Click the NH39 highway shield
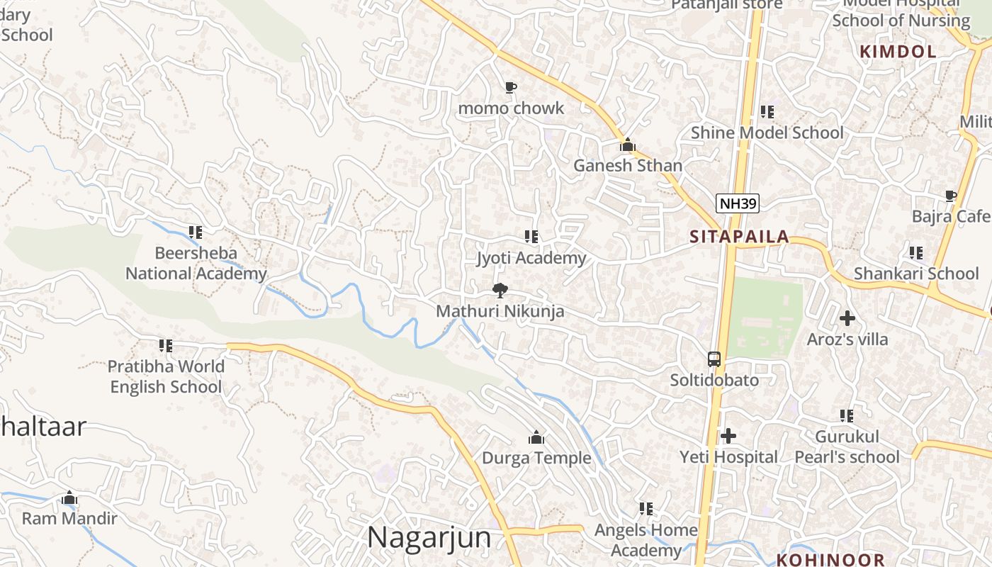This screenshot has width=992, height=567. pyautogui.click(x=737, y=204)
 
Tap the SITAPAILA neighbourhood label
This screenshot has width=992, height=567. pyautogui.click(x=739, y=237)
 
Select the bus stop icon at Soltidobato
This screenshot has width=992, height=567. pyautogui.click(x=714, y=359)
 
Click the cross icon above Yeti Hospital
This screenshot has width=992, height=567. pyautogui.click(x=728, y=436)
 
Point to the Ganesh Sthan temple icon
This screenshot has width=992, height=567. pyautogui.click(x=627, y=145)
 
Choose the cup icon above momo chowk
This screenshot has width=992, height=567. pyautogui.click(x=510, y=88)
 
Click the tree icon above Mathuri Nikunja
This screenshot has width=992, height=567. pyautogui.click(x=500, y=290)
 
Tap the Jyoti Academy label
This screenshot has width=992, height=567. pyautogui.click(x=531, y=258)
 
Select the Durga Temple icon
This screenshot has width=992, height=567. pyautogui.click(x=536, y=437)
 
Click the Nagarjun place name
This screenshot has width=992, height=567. pyautogui.click(x=429, y=537)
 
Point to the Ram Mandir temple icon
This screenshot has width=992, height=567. pyautogui.click(x=69, y=498)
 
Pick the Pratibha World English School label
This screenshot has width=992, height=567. pyautogui.click(x=166, y=376)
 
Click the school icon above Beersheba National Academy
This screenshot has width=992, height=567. pyautogui.click(x=196, y=232)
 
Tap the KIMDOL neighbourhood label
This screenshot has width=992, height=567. pyautogui.click(x=898, y=51)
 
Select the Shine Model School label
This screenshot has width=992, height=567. pyautogui.click(x=767, y=133)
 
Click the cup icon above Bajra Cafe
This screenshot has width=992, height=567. pyautogui.click(x=950, y=196)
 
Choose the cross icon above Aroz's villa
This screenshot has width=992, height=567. pyautogui.click(x=847, y=318)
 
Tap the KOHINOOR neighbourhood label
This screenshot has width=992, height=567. pyautogui.click(x=830, y=559)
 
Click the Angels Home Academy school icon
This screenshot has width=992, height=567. pyautogui.click(x=646, y=509)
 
